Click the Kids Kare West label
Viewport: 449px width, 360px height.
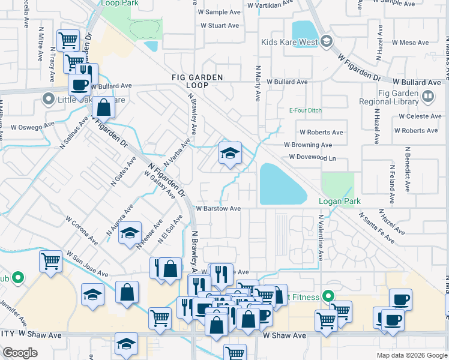(289, 42)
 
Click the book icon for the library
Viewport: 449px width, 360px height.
(427, 95)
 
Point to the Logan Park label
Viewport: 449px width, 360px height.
(339, 202)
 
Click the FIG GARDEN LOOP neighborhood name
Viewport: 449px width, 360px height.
(188, 82)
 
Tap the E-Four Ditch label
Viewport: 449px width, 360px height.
(306, 110)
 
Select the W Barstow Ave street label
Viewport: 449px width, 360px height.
(218, 209)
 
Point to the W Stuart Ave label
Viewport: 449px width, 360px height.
(220, 26)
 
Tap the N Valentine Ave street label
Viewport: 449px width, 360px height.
(321, 238)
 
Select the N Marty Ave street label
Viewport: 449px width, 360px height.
(258, 83)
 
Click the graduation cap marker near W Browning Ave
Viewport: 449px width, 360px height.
(230, 154)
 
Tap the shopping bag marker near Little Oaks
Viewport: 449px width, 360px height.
(104, 109)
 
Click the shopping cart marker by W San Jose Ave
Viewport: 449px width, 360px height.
(51, 262)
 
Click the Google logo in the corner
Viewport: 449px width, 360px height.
(20, 353)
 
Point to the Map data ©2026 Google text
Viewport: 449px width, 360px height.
(411, 355)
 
